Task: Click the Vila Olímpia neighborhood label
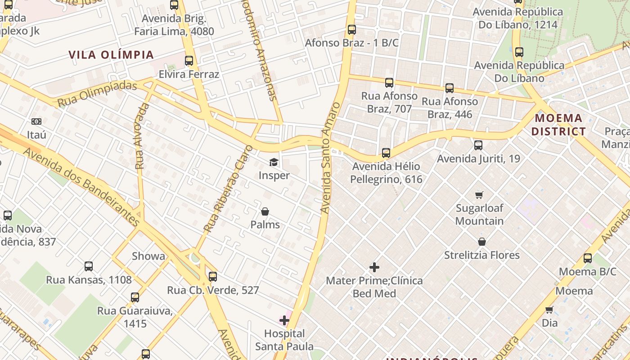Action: point(111,55)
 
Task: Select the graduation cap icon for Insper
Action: point(274,162)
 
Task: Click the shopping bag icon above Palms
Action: point(265,211)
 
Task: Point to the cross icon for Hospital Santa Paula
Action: point(284,320)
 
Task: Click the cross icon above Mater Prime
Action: point(374,267)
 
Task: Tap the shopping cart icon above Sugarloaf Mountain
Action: point(479,195)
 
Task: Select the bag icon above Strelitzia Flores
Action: point(481,242)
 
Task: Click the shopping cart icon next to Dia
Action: point(549,310)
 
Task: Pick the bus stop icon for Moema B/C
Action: point(588,258)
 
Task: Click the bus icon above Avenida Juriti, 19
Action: point(478,145)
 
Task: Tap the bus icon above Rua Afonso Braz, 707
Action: point(389,83)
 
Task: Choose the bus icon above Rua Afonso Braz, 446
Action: point(450,88)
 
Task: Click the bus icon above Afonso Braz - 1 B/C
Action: point(352,30)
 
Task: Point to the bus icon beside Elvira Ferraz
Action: point(189,61)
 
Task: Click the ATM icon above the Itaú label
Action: point(36,121)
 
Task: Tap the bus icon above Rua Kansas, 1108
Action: point(89,266)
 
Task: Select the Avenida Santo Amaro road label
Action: point(330,157)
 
